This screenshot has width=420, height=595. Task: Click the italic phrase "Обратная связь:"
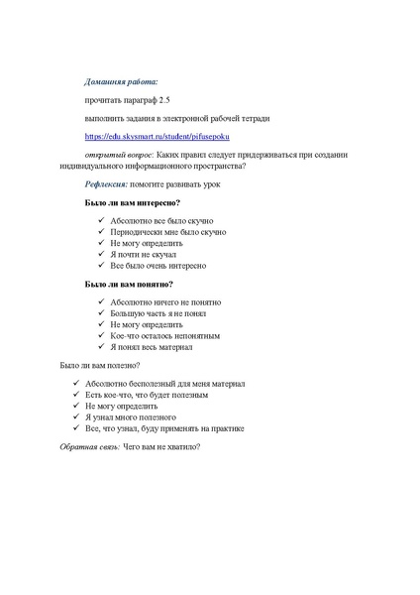tap(90, 447)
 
